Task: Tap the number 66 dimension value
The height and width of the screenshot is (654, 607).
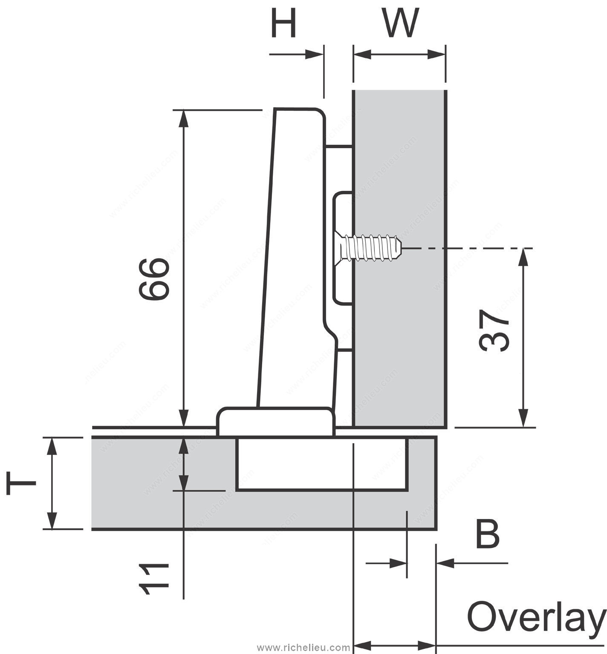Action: point(154,279)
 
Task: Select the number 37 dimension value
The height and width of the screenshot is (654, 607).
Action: point(494,330)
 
